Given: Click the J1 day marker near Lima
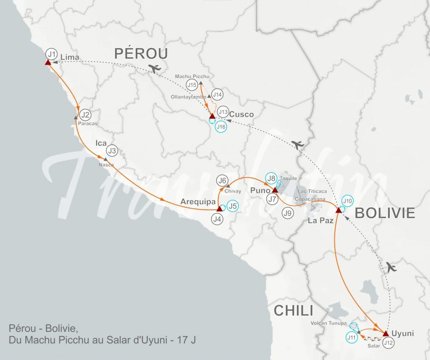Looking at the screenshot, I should (x=52, y=54).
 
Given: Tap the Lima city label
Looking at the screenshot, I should (x=70, y=57).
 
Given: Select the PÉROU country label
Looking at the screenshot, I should (x=141, y=53).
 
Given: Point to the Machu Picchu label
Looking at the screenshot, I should (x=192, y=76).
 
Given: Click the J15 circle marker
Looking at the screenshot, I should (x=192, y=85).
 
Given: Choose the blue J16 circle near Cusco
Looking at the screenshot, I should (x=221, y=126).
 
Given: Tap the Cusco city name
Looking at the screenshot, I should (x=242, y=114).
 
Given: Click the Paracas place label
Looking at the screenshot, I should (x=88, y=123).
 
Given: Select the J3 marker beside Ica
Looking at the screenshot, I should (x=112, y=150).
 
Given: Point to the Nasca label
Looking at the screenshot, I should (x=106, y=164).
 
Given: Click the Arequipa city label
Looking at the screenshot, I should (x=198, y=202).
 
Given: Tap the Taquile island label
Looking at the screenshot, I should (x=288, y=178).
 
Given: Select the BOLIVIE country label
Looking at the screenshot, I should (x=385, y=213).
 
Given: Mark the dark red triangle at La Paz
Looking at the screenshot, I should (x=339, y=209).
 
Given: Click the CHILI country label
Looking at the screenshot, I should (x=294, y=311).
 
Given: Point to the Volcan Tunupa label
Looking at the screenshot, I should (x=329, y=323).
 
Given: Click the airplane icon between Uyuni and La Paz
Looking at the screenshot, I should (x=392, y=267).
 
